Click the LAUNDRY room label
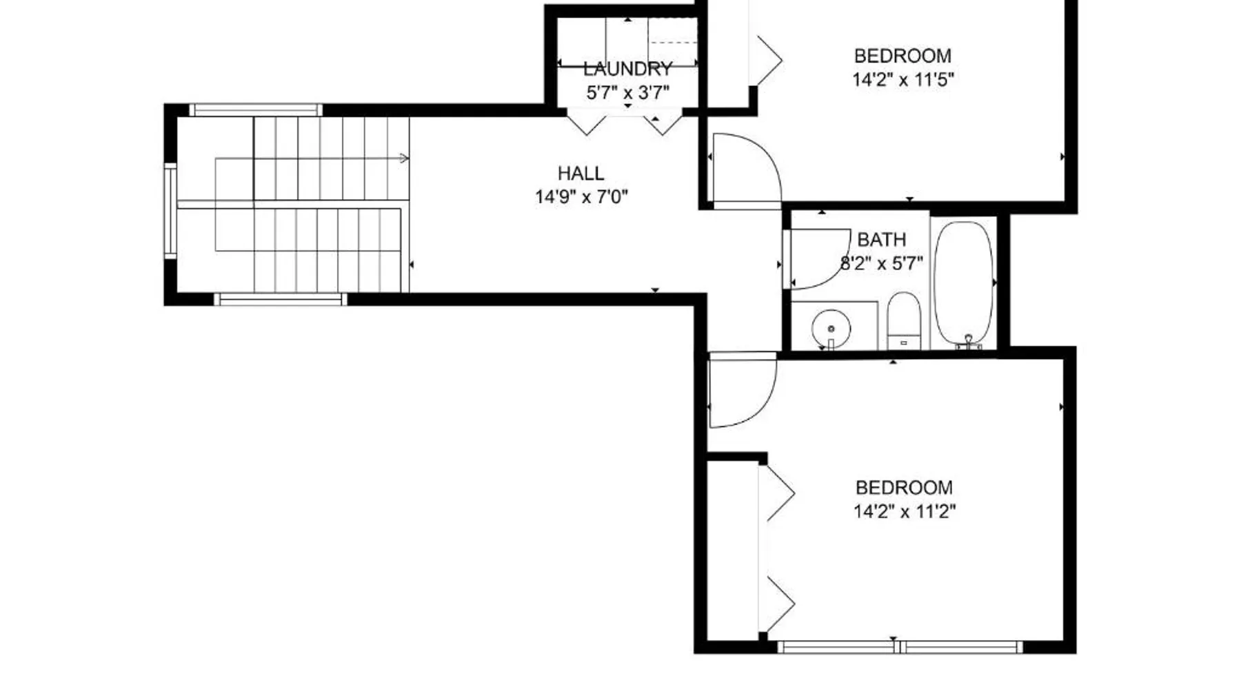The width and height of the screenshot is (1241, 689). tap(627, 69)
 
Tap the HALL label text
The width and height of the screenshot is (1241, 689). tap(581, 173)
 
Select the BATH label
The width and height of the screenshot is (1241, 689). tap(882, 240)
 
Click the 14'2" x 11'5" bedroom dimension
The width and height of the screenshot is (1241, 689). tap(903, 79)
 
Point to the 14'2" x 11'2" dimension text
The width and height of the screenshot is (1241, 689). tap(905, 511)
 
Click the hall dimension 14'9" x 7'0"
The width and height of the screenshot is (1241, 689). tap(581, 197)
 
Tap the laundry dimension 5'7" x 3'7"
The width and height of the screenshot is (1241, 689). tap(627, 92)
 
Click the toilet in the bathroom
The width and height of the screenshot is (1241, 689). tap(904, 320)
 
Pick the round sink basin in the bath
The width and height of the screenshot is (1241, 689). tap(831, 329)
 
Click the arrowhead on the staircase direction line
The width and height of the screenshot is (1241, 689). tap(405, 158)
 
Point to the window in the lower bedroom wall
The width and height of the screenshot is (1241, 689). tap(900, 646)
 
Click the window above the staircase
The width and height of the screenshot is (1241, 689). tap(256, 110)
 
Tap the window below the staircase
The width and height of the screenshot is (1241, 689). tap(280, 299)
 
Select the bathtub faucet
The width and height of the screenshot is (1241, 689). tap(969, 342)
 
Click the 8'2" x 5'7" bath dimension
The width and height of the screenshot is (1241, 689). tap(882, 263)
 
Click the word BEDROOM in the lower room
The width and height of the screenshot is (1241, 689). tap(905, 488)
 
